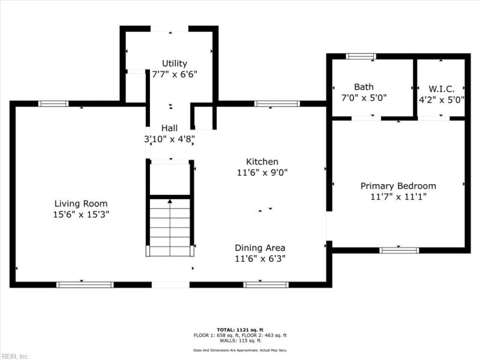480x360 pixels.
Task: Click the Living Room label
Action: [81, 203]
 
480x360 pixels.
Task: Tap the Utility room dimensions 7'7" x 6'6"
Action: [175, 74]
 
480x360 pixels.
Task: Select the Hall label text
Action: [169, 128]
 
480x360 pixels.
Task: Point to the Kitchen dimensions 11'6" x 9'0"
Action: [262, 173]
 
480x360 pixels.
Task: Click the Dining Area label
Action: [260, 248]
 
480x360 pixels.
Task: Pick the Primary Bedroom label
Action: [398, 186]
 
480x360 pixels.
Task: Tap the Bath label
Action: [364, 87]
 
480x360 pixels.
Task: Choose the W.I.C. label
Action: [442, 89]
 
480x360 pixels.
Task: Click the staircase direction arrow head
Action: [170, 201]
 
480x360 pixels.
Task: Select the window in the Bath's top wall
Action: [361, 56]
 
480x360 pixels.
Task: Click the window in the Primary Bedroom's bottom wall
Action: [399, 250]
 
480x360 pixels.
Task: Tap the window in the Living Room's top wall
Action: [53, 103]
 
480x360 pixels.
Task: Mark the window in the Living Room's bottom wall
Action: [85, 284]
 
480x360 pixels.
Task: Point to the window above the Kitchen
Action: [277, 103]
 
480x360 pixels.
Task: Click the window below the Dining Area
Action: [266, 284]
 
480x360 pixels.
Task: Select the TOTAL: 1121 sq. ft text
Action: [240, 329]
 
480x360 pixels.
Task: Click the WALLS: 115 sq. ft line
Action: [240, 340]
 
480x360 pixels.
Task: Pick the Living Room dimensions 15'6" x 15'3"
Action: [81, 214]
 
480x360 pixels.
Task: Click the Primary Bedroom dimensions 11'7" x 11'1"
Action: [398, 197]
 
